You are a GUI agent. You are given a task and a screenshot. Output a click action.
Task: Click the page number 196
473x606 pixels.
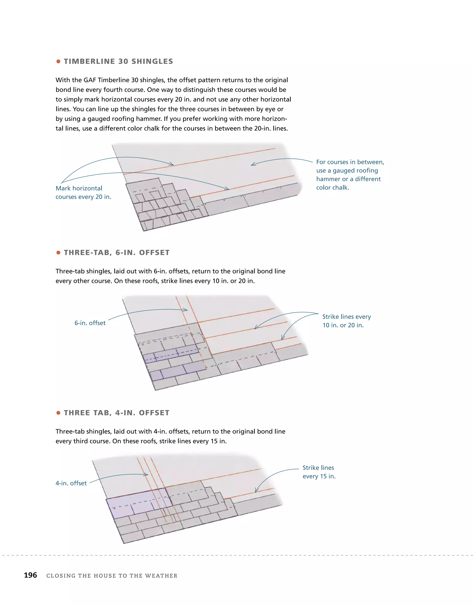(x=30, y=575)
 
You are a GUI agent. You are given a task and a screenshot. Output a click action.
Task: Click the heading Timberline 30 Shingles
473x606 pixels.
(x=118, y=61)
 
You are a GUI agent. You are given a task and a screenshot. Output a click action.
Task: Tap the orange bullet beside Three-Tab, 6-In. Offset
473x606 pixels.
(x=58, y=253)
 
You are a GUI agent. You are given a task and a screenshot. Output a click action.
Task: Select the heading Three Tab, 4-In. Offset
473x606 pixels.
(x=116, y=413)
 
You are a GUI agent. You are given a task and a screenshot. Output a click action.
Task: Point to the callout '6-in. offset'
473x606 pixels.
(x=90, y=323)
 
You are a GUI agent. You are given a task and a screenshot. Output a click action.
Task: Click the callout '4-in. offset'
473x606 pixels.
(x=71, y=483)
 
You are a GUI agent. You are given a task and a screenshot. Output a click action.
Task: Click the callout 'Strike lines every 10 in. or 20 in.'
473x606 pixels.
(x=346, y=321)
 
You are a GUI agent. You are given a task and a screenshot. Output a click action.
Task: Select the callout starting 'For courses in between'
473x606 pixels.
(x=350, y=175)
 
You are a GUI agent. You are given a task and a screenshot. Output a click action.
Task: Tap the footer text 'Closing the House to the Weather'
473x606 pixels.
(x=112, y=575)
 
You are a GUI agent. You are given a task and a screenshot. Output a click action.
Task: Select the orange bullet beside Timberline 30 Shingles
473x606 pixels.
(x=58, y=61)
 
